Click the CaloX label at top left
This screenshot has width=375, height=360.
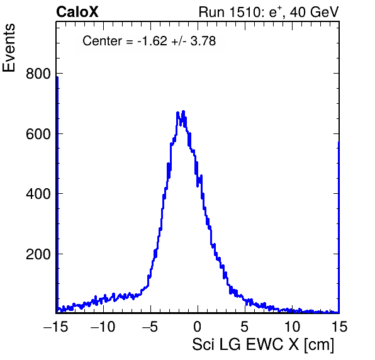77,12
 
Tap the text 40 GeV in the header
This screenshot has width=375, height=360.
314,12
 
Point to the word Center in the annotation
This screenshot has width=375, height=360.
102,41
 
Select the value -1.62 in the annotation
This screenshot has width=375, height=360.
152,41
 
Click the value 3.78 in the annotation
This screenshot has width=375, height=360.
203,41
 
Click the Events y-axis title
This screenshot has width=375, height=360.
9,48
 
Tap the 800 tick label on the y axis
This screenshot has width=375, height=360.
38,74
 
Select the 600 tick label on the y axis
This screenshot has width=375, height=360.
38,134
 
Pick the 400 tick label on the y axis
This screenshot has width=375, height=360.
38,194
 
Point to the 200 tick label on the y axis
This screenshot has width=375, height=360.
38,254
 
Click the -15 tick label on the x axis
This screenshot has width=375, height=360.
56,326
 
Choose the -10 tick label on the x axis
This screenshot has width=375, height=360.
103,326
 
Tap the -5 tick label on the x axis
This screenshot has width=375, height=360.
150,326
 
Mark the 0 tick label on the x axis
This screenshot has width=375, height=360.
198,326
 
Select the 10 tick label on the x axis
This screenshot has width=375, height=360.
292,326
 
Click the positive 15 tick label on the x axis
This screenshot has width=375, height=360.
339,326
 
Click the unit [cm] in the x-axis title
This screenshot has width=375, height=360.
319,345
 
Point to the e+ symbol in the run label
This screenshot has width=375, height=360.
276,12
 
